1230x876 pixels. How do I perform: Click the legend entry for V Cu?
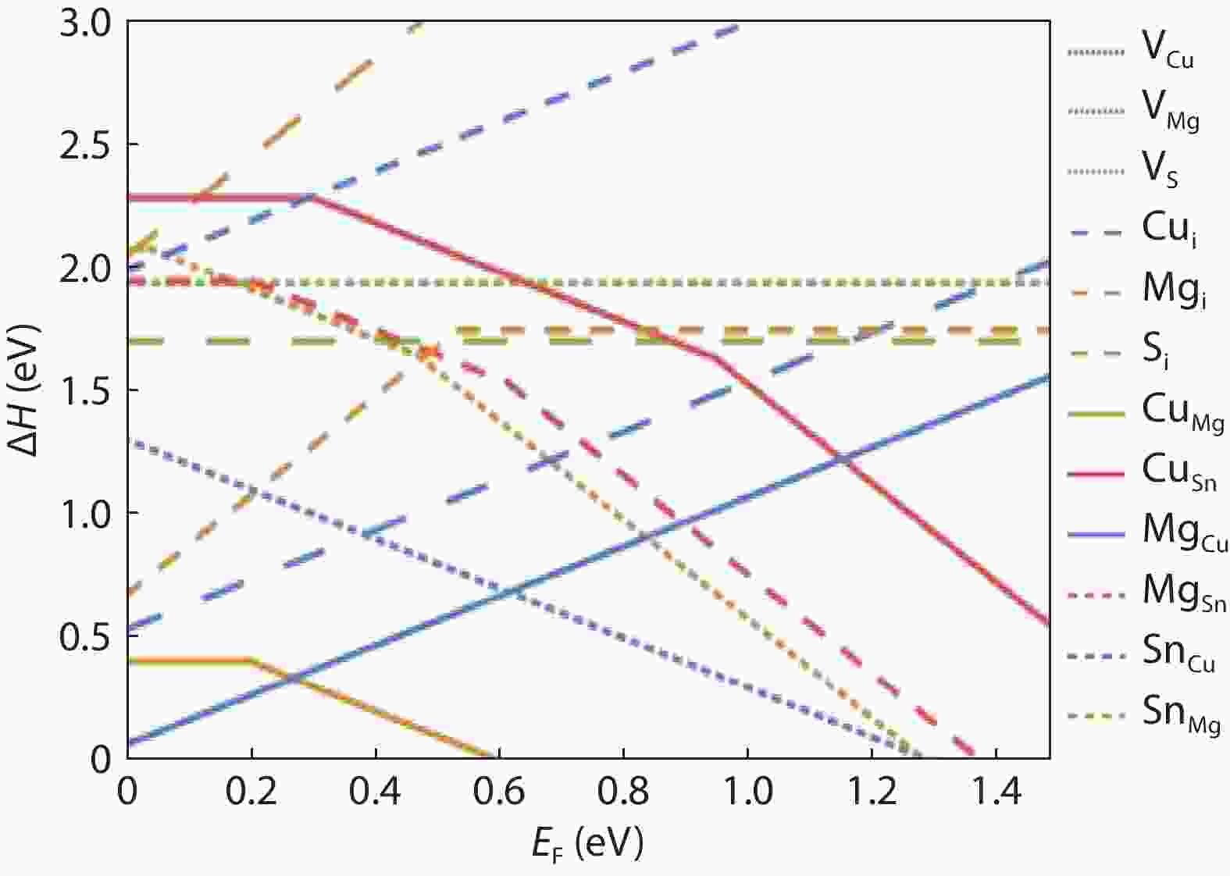[x=1168, y=52]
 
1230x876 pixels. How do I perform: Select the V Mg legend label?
[x=1169, y=112]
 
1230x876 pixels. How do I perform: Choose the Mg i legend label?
[x=1172, y=290]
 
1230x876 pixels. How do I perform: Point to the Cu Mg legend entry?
[x=1181, y=409]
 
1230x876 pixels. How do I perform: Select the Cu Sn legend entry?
[x=1178, y=471]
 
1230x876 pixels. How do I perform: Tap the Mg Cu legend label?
[x=1183, y=531]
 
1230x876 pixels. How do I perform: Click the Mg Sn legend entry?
[x=1182, y=592]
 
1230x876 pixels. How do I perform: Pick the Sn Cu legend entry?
[x=1178, y=653]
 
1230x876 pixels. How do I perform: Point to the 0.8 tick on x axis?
[x=622, y=792]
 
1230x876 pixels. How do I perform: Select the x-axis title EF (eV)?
[x=587, y=843]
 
